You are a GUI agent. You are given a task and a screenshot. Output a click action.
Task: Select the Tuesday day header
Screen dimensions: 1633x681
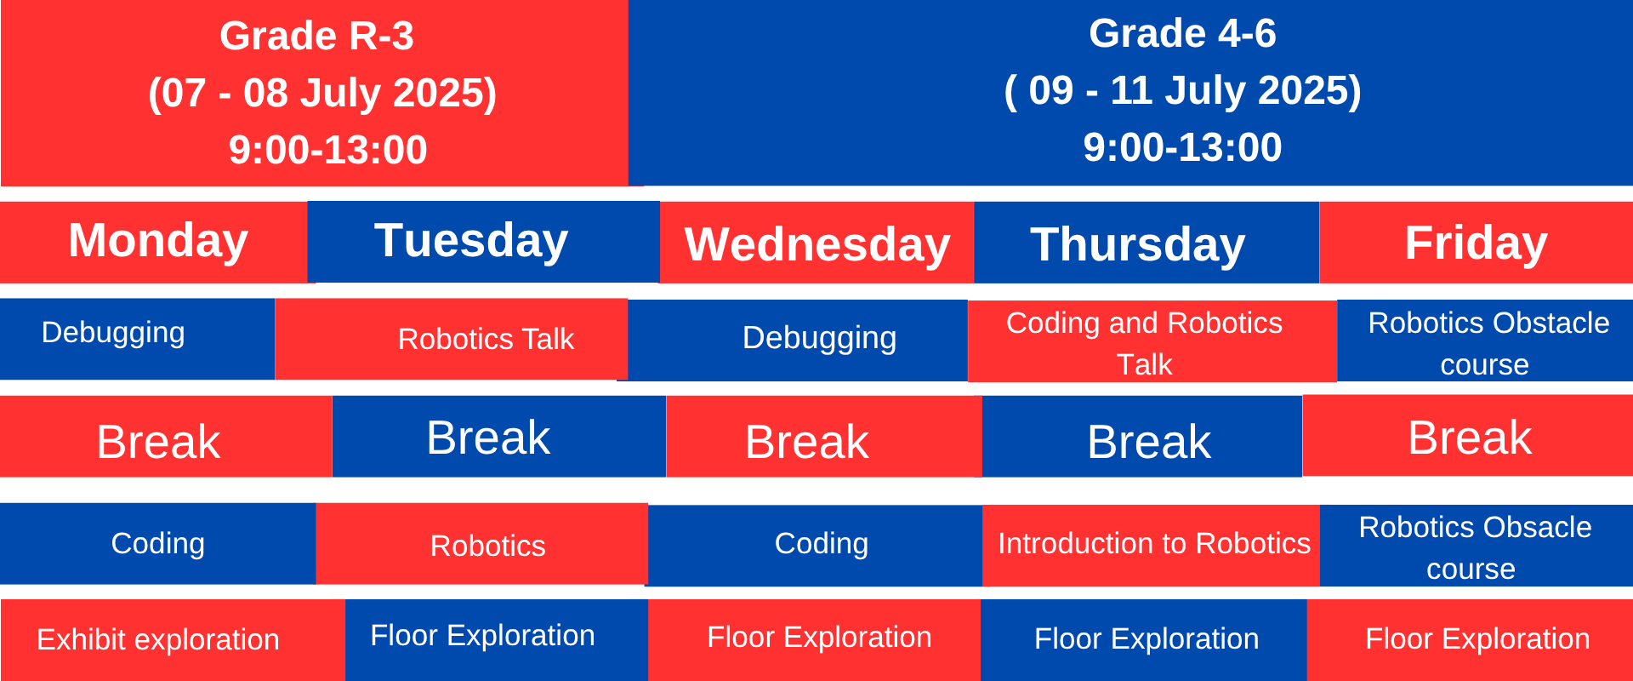click(483, 241)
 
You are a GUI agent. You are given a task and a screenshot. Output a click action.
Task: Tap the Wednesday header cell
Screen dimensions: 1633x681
click(816, 243)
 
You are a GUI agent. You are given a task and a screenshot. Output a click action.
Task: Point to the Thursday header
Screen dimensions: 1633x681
click(1147, 243)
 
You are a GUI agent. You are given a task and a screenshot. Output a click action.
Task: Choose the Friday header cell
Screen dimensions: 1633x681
click(1477, 243)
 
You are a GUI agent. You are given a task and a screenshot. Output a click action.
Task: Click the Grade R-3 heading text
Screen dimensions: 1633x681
click(316, 36)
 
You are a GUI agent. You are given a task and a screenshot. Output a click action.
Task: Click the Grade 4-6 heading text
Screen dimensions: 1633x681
click(1182, 34)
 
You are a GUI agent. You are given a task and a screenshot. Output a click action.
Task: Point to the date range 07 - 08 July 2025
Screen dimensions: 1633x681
click(322, 93)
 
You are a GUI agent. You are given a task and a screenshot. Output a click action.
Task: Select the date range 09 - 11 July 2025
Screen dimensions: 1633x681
click(1182, 90)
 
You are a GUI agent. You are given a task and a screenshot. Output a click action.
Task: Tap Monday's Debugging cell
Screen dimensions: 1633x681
click(137, 339)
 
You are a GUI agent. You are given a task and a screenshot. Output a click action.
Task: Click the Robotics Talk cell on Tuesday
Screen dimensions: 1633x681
click(452, 339)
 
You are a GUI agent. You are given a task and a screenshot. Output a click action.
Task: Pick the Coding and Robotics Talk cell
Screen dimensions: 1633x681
click(1152, 341)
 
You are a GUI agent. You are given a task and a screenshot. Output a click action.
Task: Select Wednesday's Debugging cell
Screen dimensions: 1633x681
click(798, 340)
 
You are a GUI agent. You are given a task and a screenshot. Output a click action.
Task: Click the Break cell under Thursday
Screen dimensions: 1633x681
click(1142, 436)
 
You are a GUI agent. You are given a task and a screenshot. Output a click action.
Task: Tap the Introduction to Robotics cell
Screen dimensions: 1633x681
click(1152, 546)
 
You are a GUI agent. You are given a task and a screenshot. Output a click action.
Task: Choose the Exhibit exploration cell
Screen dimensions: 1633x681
click(173, 640)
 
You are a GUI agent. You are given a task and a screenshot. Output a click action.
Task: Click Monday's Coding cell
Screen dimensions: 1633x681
click(158, 544)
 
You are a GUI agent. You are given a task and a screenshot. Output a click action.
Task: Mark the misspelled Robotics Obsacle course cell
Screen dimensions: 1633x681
click(1477, 546)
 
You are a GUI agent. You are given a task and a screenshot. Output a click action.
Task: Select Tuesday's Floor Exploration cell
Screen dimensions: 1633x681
click(497, 640)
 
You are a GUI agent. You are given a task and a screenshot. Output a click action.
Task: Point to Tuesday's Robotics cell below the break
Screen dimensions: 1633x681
click(482, 544)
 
